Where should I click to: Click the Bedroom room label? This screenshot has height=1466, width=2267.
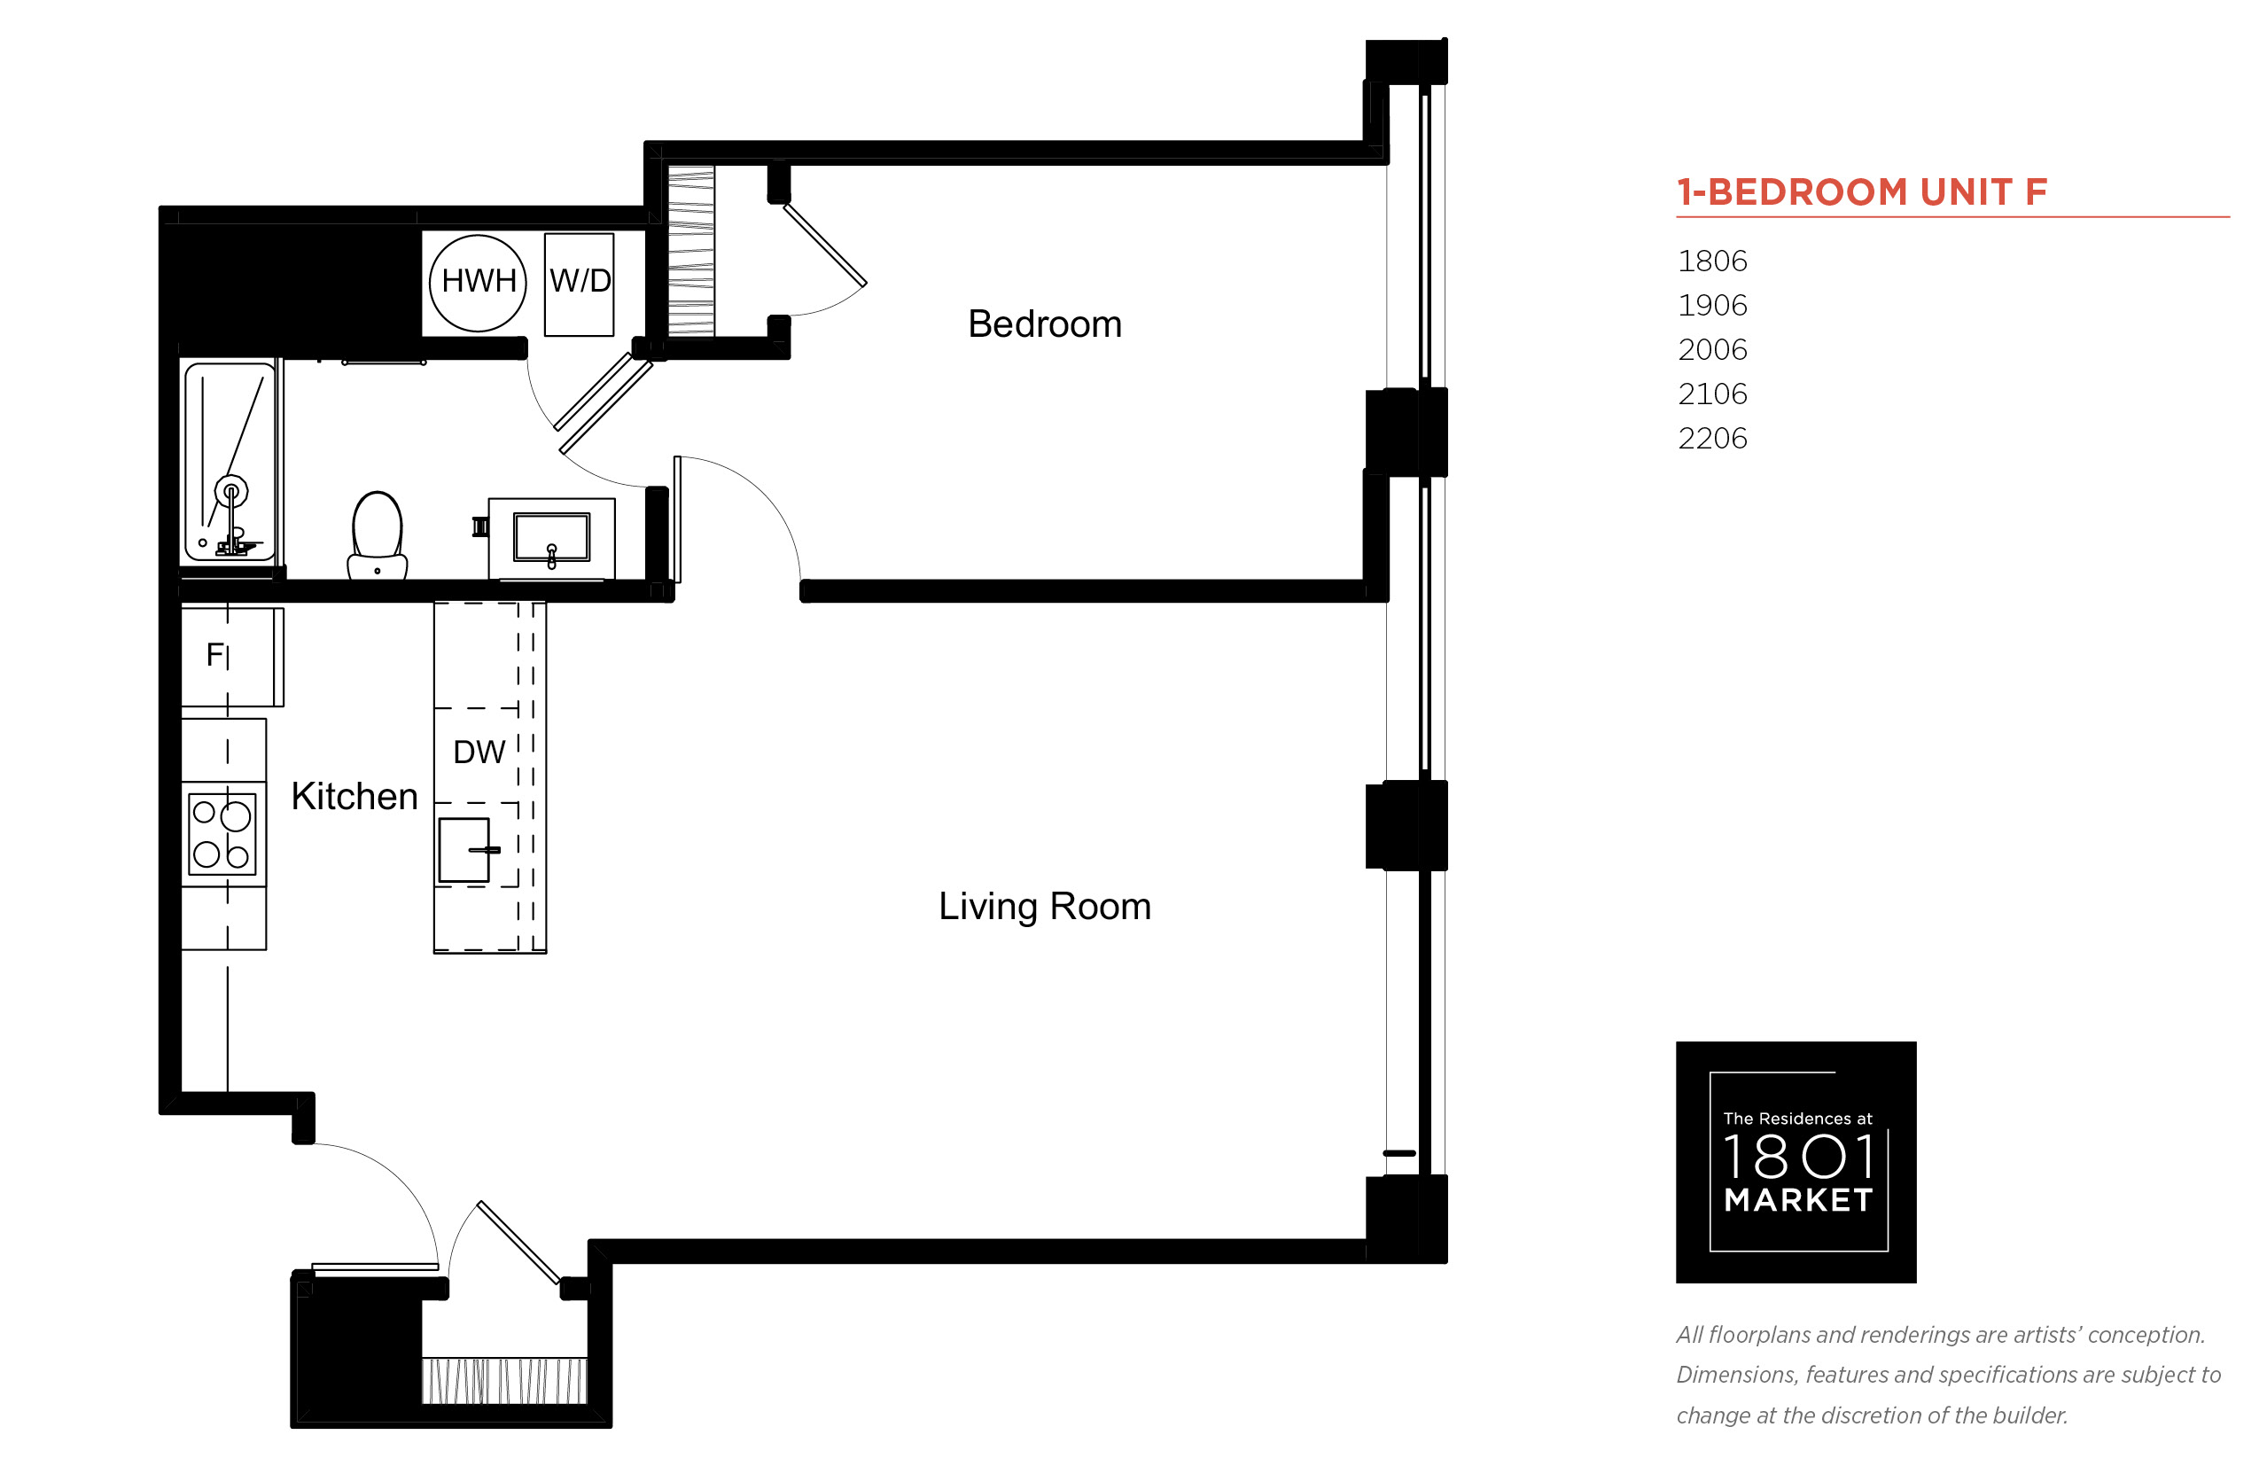[x=1044, y=324]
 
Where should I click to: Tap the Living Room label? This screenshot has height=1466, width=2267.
[x=1044, y=906]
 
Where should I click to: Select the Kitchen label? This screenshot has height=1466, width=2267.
[x=354, y=796]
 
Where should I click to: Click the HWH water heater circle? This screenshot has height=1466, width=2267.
[x=478, y=283]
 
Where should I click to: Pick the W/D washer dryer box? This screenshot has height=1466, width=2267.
[x=579, y=285]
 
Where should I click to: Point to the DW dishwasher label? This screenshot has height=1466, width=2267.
[x=479, y=752]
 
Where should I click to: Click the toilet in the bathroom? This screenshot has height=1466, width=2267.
[x=377, y=534]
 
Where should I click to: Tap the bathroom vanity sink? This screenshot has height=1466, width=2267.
[x=551, y=538]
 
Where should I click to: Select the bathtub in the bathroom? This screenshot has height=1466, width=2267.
[x=230, y=462]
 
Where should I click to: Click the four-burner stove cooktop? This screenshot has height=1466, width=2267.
[x=223, y=834]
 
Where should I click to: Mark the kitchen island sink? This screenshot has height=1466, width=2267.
[x=465, y=849]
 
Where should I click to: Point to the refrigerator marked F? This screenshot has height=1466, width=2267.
[x=232, y=657]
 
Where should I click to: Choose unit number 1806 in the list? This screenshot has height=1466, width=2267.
[x=1712, y=261]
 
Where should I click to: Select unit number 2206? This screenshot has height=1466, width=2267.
[x=1712, y=438]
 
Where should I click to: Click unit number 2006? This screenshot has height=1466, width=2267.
[x=1712, y=349]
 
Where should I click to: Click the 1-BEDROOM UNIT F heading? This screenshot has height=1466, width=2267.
[x=1862, y=191]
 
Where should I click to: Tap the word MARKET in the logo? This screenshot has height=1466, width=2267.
[x=1798, y=1200]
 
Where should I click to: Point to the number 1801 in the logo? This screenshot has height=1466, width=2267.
[x=1798, y=1157]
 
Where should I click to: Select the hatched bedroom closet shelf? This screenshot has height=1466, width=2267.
[x=691, y=252]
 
